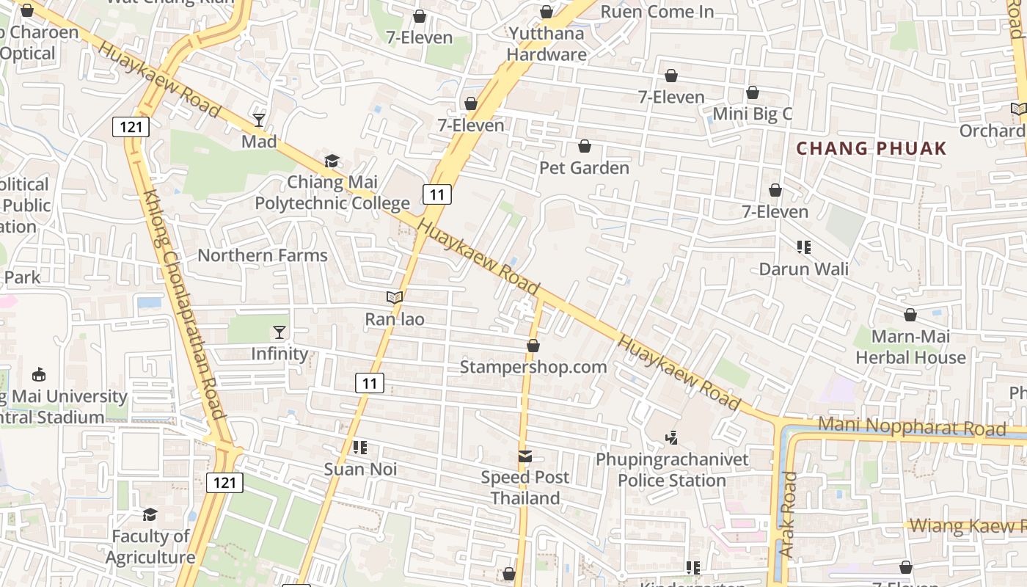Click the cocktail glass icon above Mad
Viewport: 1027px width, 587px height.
coord(259,120)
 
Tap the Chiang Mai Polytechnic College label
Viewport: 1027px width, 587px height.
coord(332,192)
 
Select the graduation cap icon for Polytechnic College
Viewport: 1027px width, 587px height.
coord(332,161)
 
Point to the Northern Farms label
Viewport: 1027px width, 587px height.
coord(263,255)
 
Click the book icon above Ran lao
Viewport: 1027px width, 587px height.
coord(395,297)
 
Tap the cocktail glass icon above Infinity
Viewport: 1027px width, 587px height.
coord(279,332)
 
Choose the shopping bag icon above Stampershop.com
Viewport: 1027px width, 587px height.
coord(533,345)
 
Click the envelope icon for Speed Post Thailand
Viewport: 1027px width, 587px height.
coord(525,456)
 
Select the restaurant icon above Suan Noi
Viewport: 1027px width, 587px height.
coord(360,447)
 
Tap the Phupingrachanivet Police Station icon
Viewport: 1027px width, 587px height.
coord(671,438)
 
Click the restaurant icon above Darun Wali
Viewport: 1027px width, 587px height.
coord(804,247)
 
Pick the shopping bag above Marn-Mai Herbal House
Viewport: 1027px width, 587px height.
coord(910,315)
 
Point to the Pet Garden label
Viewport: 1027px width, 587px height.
coord(585,168)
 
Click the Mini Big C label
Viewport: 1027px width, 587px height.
coord(753,114)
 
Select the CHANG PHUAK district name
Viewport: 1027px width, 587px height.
coord(871,148)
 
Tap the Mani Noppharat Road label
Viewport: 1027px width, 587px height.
coord(912,426)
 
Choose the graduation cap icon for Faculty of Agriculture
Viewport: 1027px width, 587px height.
coord(150,514)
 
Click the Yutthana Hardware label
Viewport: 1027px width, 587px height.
coord(547,44)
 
